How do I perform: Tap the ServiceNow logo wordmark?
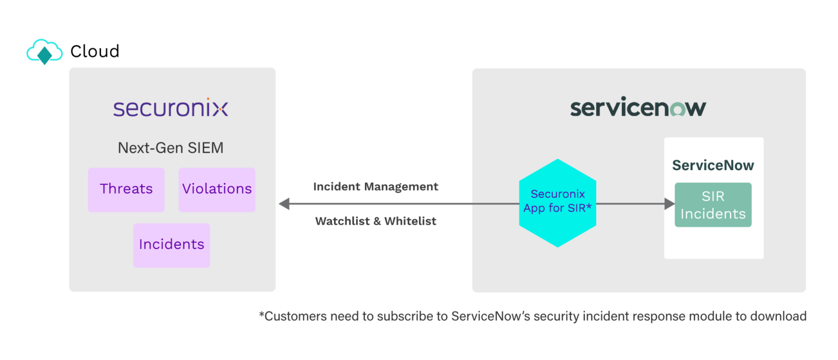tap(638, 107)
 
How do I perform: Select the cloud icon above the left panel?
tap(45, 52)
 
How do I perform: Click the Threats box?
tap(126, 189)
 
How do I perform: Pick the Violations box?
tap(217, 189)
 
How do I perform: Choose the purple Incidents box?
tap(171, 245)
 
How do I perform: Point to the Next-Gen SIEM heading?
tap(170, 148)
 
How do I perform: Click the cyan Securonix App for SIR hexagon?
tap(557, 202)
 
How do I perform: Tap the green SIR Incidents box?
tap(713, 205)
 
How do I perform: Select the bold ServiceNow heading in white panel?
tap(713, 165)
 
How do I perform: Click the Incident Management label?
tap(375, 187)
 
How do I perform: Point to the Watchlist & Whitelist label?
tap(375, 221)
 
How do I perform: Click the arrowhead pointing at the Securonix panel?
tap(284, 204)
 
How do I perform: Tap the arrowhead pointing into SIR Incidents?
tap(669, 204)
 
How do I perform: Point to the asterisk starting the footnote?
tap(261, 315)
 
